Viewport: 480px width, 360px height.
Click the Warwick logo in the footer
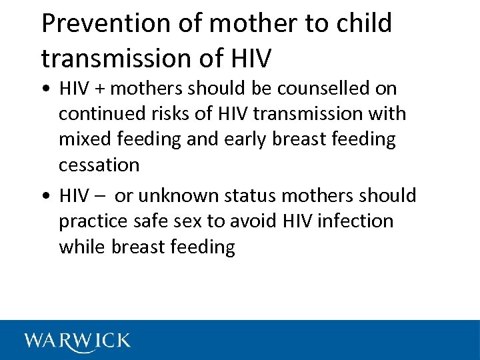(77, 341)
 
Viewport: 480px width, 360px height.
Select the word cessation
(99, 165)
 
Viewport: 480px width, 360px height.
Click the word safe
(150, 221)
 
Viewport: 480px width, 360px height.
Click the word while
(83, 247)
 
